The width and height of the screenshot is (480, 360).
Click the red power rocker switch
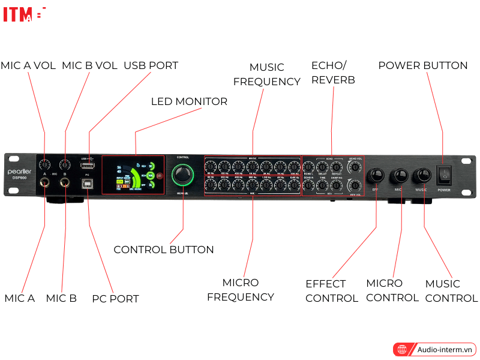tap(443, 174)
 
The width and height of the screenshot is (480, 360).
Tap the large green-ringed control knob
tap(183, 175)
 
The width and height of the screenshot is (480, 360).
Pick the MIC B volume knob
tap(64, 164)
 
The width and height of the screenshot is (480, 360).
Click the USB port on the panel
tap(88, 165)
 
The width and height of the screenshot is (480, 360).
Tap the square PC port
tap(88, 183)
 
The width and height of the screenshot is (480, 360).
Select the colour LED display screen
tap(135, 175)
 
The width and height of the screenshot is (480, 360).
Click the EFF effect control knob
tap(376, 175)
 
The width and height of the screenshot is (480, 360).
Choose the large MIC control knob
tap(399, 175)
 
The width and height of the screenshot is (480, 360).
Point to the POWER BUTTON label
tap(422, 65)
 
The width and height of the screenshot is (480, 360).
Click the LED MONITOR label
tap(189, 101)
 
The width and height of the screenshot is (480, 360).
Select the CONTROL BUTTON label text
tap(163, 250)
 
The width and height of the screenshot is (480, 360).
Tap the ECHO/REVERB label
tap(333, 72)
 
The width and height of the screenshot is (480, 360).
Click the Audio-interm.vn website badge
tap(434, 349)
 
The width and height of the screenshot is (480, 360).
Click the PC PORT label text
tap(115, 298)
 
